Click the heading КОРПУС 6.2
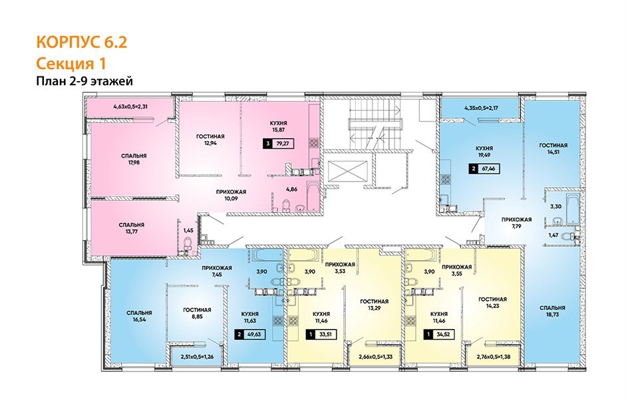81,43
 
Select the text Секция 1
71,63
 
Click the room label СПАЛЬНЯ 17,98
134,161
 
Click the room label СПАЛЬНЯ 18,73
552,313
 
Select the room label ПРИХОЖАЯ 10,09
230,195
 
